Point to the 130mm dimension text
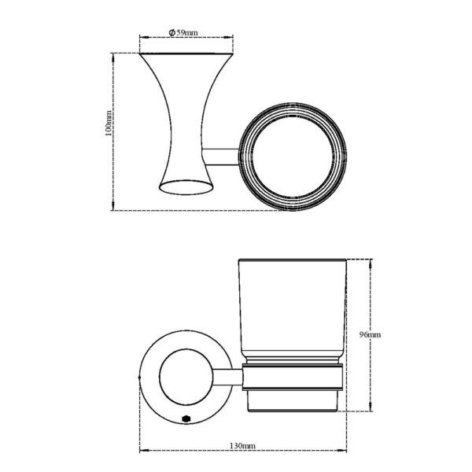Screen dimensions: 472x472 click(x=242, y=445)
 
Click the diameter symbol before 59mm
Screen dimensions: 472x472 click(x=171, y=32)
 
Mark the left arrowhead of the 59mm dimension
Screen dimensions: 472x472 click(x=142, y=37)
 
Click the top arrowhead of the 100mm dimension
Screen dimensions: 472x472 click(x=115, y=56)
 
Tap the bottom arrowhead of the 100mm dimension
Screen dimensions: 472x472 click(x=115, y=208)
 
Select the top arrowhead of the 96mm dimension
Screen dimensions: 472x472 click(x=367, y=261)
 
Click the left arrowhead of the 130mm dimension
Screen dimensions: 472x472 click(x=143, y=451)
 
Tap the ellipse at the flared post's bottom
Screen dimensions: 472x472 click(x=186, y=186)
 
